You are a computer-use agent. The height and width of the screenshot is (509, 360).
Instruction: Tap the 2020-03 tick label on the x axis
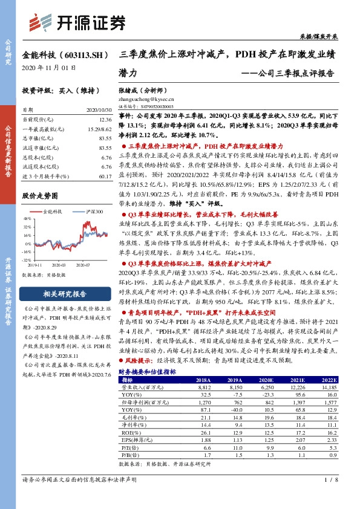coord(60,264)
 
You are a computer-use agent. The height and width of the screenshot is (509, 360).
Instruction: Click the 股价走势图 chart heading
coord(39,196)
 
